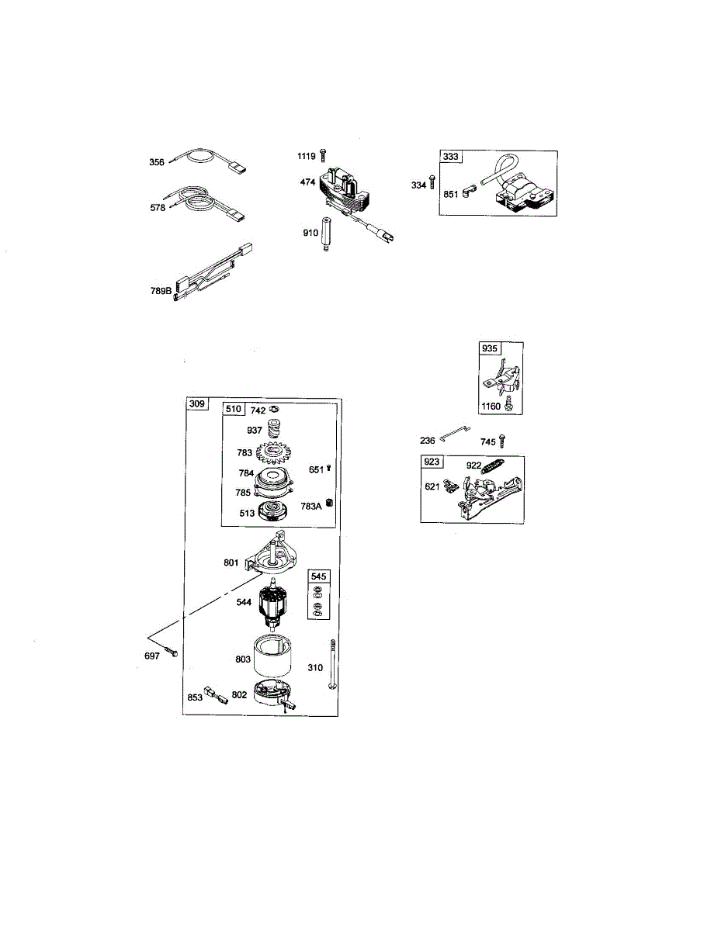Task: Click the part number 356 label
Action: (157, 163)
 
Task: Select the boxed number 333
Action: (451, 157)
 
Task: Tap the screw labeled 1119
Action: (322, 156)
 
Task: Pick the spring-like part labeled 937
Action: (274, 428)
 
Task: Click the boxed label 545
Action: (319, 576)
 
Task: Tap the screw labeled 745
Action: (503, 441)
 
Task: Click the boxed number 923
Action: (432, 462)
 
